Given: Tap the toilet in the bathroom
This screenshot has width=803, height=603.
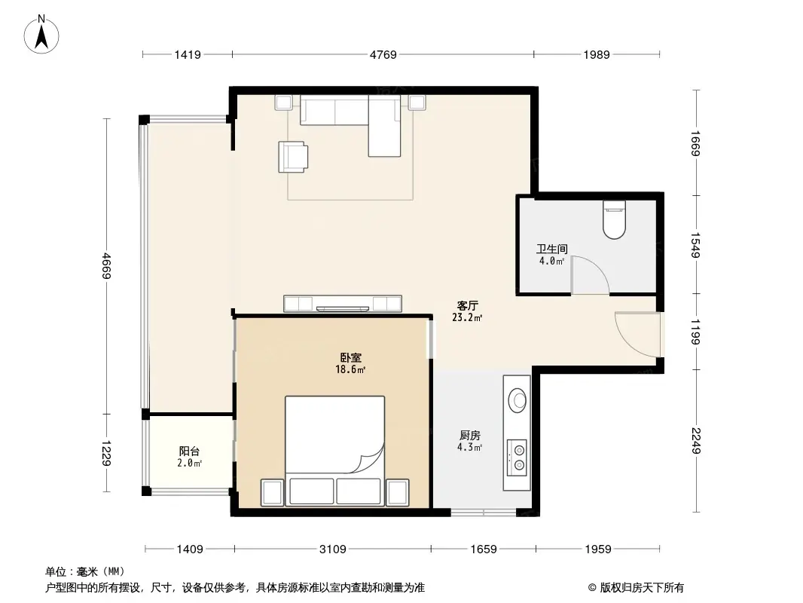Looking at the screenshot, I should click(615, 219).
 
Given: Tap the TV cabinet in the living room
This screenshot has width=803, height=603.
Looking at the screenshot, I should click(343, 304).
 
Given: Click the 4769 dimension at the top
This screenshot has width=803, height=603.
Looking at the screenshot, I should click(383, 54).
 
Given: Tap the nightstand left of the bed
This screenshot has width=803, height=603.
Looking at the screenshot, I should click(272, 492).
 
